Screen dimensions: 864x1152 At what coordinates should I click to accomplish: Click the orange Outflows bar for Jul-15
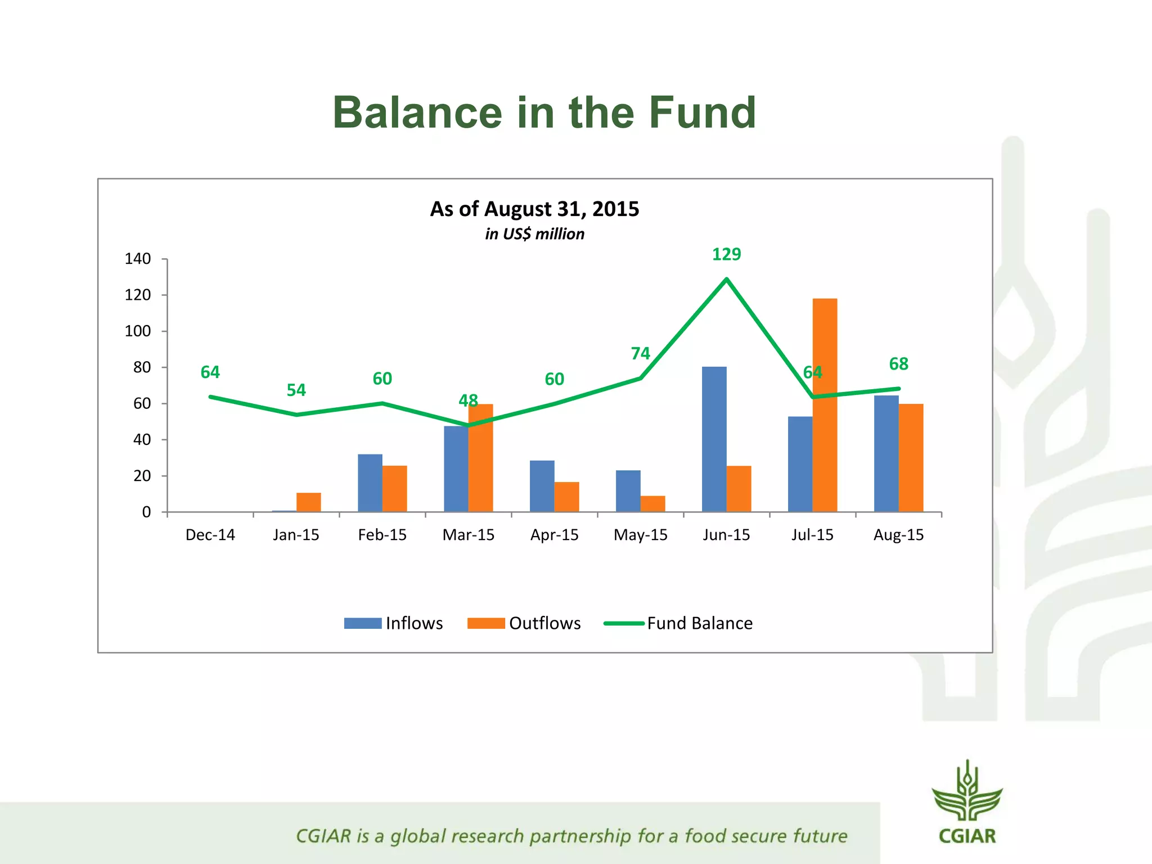(x=825, y=405)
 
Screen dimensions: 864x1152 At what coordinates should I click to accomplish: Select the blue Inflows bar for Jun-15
(x=714, y=439)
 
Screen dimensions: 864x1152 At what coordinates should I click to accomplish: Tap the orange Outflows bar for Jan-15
(x=308, y=502)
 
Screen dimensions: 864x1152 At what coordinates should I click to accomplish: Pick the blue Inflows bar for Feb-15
(x=370, y=483)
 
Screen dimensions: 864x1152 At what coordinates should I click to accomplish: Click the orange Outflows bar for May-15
(x=652, y=503)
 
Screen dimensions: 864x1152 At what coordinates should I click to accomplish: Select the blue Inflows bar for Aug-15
(x=886, y=453)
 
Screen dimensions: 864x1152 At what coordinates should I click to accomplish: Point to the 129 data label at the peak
(x=726, y=254)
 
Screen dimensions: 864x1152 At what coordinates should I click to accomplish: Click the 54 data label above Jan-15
(x=296, y=390)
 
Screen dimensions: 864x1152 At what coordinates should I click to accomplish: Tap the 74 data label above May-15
(x=640, y=353)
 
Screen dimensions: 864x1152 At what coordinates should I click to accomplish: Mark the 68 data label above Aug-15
(x=898, y=364)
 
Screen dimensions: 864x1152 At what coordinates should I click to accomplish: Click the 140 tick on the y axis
(x=138, y=259)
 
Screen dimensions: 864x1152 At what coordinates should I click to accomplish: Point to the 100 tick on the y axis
(x=138, y=331)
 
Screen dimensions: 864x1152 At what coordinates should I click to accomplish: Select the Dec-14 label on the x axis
(x=210, y=534)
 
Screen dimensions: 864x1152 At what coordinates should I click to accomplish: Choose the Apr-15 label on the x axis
(x=554, y=534)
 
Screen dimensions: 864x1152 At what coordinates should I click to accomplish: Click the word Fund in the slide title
(x=702, y=112)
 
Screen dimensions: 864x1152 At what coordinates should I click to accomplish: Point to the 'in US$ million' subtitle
(x=534, y=234)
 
